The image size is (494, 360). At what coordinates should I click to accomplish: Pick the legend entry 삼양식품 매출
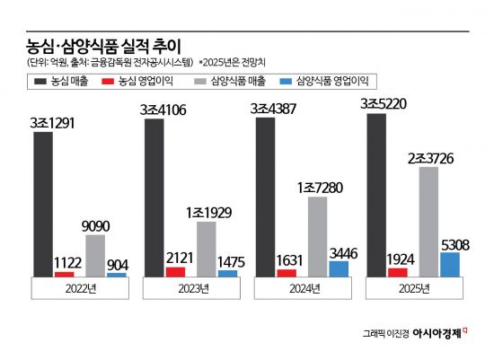(x=224, y=82)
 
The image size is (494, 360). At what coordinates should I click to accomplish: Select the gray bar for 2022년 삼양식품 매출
(x=95, y=255)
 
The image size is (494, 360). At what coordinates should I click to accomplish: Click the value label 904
(x=117, y=265)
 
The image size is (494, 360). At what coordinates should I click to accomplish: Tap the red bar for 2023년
(x=176, y=271)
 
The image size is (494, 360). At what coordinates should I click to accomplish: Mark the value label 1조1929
(x=208, y=213)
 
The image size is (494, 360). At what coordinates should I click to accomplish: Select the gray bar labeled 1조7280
(x=318, y=236)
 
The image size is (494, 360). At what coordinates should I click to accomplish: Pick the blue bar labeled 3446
(x=340, y=268)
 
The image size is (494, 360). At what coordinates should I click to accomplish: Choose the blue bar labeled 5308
(x=450, y=264)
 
